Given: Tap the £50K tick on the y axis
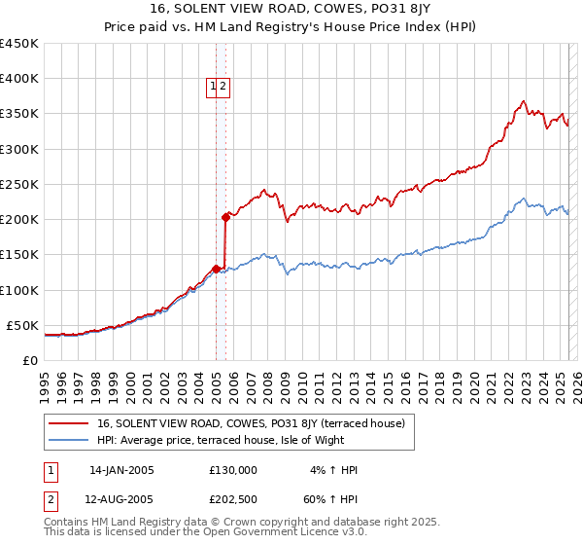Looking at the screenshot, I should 22,325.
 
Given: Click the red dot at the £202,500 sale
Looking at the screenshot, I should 225,217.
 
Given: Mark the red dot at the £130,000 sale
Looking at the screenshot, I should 216,269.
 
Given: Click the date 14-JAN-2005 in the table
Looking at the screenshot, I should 121,470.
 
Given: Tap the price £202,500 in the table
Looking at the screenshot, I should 233,498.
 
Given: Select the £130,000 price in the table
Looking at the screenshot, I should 233,470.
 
